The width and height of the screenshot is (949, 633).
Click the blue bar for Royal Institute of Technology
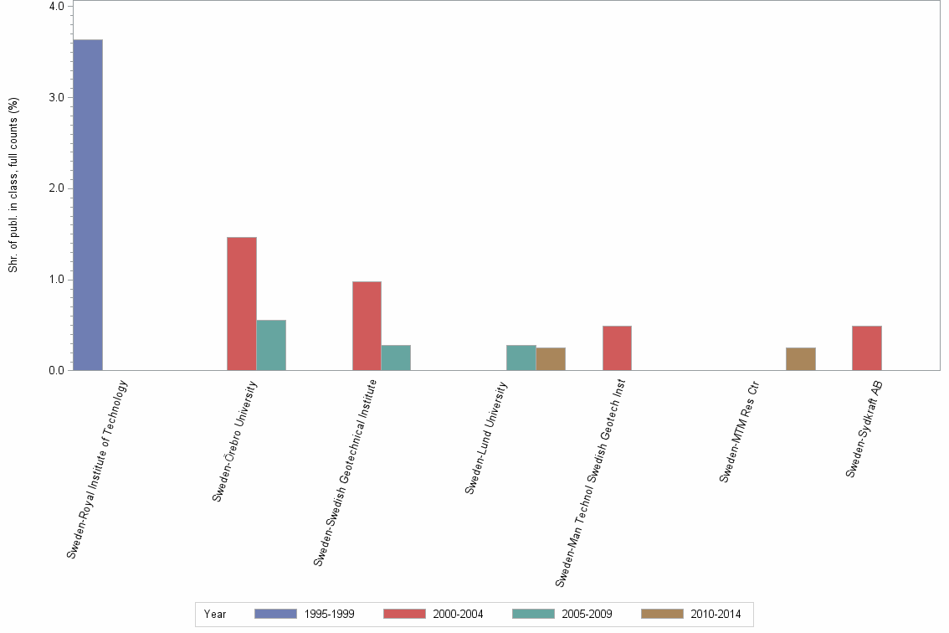click(88, 204)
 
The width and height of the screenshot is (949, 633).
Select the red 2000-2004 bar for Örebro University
click(242, 303)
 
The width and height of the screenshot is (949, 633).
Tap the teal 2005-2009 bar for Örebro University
click(271, 345)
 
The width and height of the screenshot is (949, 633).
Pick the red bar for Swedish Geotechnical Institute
click(367, 326)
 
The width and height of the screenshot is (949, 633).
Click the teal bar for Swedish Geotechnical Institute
click(396, 358)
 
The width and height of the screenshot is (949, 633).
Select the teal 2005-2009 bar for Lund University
click(521, 358)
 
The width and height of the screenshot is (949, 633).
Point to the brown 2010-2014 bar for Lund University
click(551, 358)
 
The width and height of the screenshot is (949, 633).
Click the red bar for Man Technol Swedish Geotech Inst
click(617, 347)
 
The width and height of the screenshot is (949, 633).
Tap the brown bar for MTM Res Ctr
click(801, 358)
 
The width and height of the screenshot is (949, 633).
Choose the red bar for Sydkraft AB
click(867, 347)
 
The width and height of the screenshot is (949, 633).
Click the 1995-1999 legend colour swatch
click(275, 614)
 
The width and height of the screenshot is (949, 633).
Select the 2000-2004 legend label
click(459, 614)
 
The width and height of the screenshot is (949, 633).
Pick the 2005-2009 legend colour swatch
click(533, 614)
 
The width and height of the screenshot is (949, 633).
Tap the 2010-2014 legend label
click(716, 614)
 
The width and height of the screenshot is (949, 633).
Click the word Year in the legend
click(215, 614)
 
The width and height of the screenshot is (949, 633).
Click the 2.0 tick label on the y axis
click(56, 188)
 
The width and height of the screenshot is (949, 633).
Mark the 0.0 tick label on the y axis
click(56, 370)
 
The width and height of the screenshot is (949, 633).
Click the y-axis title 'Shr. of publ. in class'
click(13, 185)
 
